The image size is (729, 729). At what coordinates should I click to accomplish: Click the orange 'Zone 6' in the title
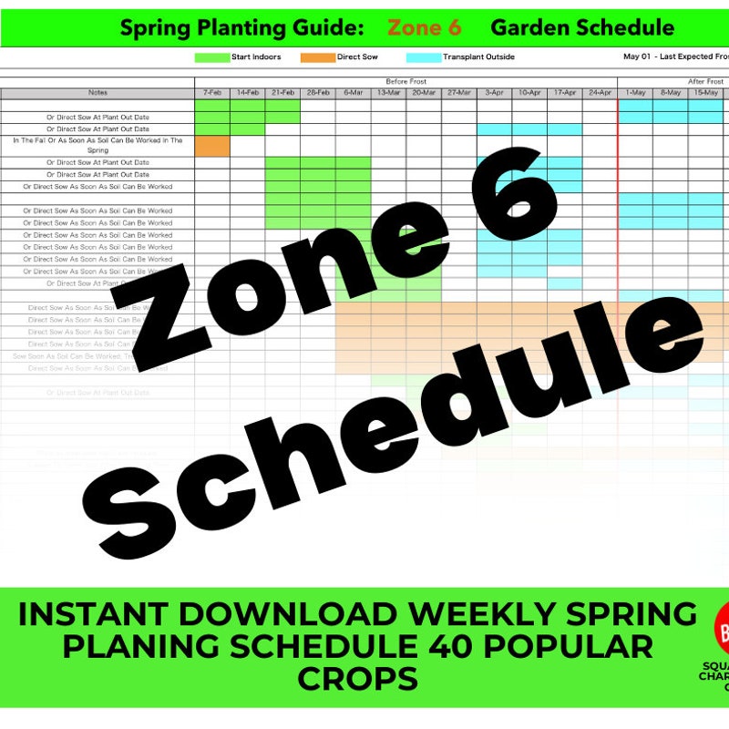pos(425,27)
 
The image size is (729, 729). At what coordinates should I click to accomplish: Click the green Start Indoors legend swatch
pos(211,57)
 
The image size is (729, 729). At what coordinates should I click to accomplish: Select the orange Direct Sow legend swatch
pos(318,57)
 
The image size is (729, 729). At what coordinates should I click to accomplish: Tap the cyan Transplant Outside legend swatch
pos(424,57)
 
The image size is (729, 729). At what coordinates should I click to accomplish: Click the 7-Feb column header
pos(212,93)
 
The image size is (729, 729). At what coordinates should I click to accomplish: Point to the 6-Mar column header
pos(353,93)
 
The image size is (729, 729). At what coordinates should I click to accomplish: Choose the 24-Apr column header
pos(600,93)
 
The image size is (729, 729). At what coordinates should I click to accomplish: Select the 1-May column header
pos(635,93)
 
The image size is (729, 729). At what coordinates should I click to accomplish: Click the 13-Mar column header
pos(388,93)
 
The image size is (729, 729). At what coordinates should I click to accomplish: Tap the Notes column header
pos(98,93)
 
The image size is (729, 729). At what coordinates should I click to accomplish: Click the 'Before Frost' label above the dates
pos(406,82)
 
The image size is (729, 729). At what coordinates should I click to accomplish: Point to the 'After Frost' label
pos(704,82)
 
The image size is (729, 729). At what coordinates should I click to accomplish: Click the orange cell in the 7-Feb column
pos(212,146)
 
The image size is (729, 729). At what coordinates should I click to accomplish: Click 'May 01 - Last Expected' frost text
pos(674,56)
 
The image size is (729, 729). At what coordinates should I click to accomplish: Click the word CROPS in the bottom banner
pos(357,679)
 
